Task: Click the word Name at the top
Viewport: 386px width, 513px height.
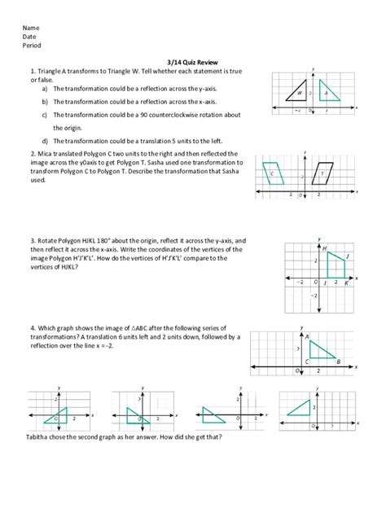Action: tap(31, 28)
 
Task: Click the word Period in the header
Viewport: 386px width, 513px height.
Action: tap(33, 46)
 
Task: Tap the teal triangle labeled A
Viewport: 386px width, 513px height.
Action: tap(328, 93)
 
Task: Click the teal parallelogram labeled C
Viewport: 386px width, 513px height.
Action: tap(274, 173)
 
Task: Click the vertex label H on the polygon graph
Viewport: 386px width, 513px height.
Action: tap(324, 248)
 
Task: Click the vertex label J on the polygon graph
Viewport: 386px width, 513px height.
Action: tap(348, 256)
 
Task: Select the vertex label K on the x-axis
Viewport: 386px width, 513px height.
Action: tap(345, 284)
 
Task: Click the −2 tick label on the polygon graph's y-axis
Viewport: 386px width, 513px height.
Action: tap(314, 295)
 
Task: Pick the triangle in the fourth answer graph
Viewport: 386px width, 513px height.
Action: tap(301, 406)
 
